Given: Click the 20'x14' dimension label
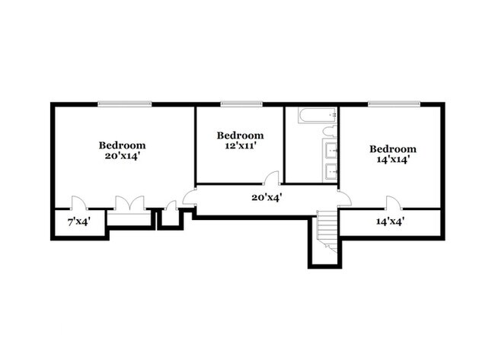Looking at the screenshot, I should coord(122,156).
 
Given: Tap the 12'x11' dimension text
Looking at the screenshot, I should coord(240,146).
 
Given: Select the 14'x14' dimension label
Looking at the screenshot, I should coord(393,160).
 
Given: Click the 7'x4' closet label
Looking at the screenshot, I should coord(80,222).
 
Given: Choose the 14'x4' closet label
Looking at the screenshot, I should coord(390,222).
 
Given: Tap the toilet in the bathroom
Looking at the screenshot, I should coord(330,132).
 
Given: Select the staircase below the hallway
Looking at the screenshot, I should coord(327,232).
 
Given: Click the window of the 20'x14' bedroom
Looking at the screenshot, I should coord(124,104).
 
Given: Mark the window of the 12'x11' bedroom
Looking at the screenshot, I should coord(241,104).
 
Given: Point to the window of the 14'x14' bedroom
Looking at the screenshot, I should coord(394,104).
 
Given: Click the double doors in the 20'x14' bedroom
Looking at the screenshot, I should coord(129,204).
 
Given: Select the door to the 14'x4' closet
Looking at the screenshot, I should coord(392,202).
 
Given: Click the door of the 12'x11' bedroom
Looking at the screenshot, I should coord(271,178).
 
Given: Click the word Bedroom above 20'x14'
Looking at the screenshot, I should coord(122,145).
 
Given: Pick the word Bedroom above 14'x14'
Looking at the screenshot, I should coord(393,148).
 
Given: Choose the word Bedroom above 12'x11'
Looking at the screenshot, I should coord(240,135).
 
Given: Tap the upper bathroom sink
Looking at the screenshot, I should coord(331,151).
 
